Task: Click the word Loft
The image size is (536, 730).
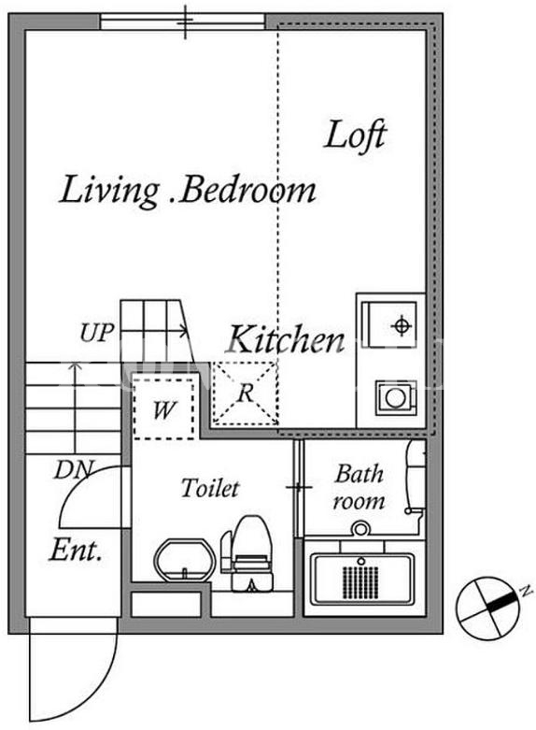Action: point(355,135)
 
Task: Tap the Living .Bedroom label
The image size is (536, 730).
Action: point(188,191)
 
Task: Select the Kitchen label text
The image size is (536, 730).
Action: point(287,339)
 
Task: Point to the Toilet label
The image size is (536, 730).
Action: point(210,487)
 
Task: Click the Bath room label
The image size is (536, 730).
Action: point(360,487)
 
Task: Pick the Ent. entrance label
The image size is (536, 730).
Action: point(76,550)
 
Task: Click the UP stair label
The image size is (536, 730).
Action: point(96,333)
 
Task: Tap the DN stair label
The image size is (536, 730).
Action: point(75,470)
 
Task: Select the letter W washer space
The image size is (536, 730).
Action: point(163,409)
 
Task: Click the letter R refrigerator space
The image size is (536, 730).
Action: point(246,394)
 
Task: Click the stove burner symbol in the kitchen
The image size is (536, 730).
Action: point(401,325)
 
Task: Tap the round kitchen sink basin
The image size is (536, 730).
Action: point(395,397)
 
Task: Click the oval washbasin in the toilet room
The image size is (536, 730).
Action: point(186,561)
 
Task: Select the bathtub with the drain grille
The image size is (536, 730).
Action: point(363,579)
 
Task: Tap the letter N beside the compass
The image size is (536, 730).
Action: point(526,592)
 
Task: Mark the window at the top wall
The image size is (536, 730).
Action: point(182,21)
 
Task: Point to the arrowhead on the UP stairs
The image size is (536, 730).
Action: point(184,332)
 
